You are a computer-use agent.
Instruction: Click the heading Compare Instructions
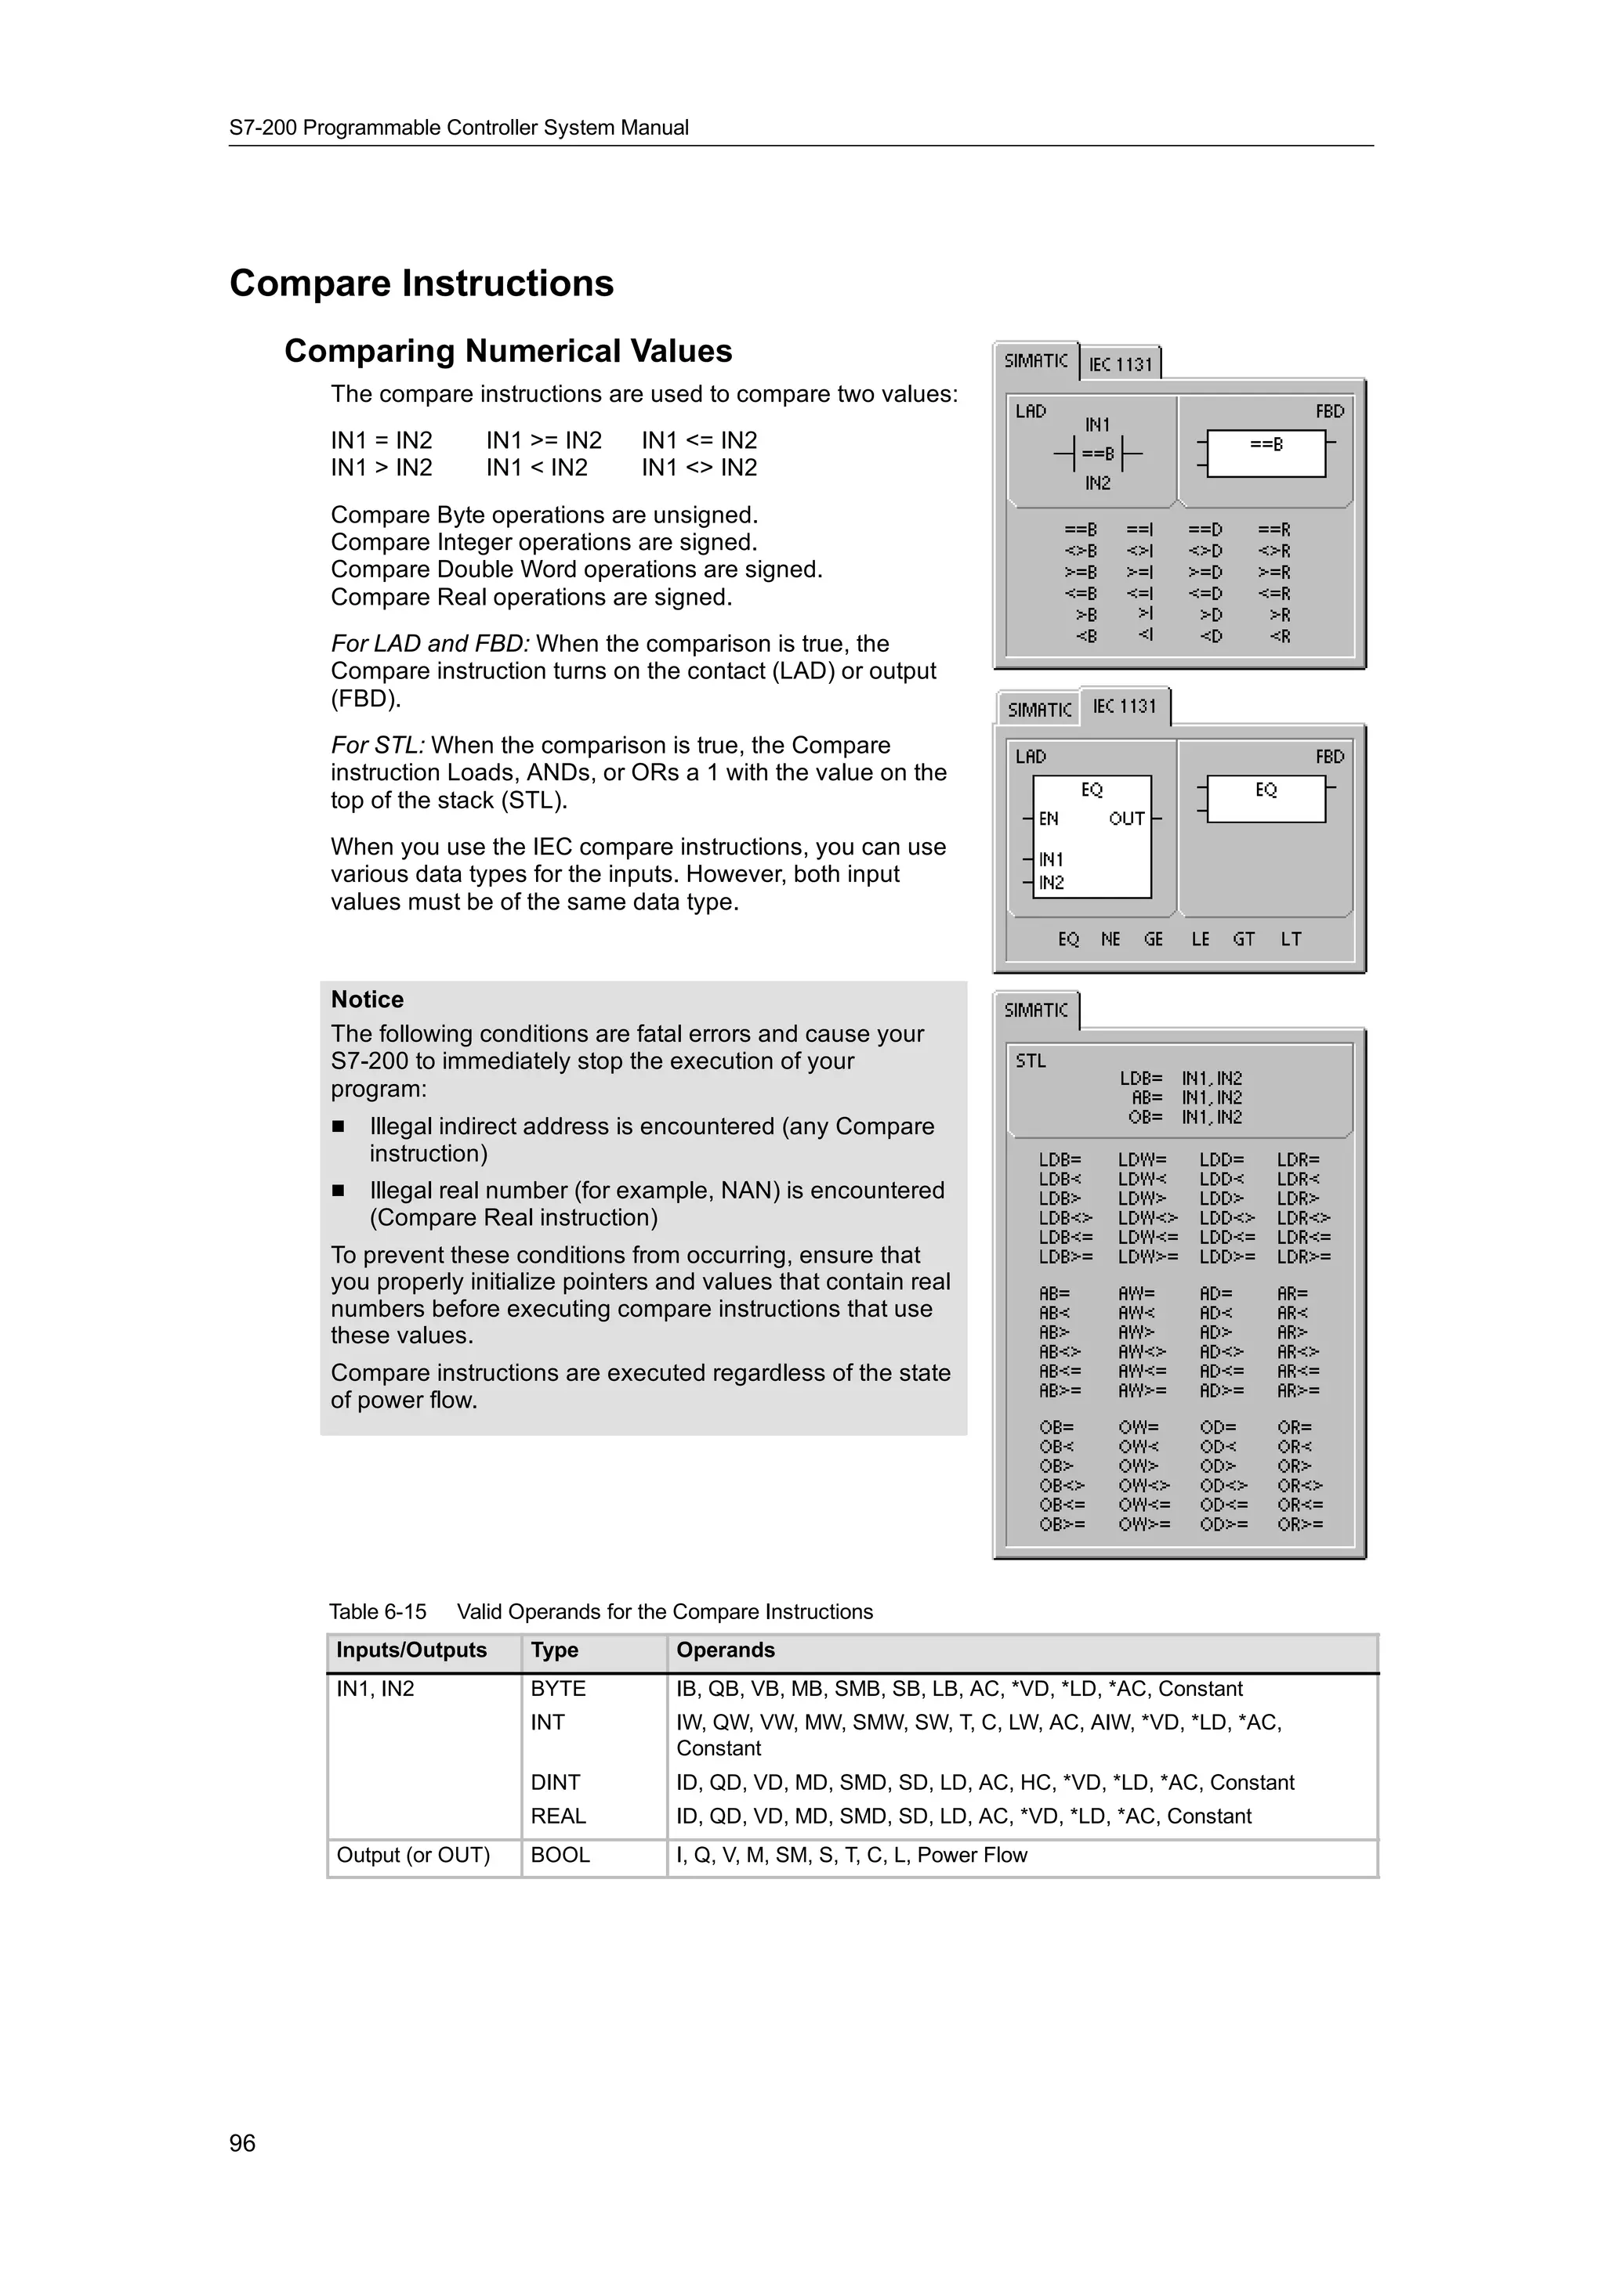422,284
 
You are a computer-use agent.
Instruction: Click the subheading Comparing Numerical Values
509,351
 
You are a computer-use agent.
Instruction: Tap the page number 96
242,2143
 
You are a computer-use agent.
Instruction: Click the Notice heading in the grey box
367,999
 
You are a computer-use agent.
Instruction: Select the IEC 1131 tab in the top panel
1121,363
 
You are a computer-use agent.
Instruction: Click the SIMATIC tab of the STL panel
1035,1010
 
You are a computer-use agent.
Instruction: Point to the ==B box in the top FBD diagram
1266,454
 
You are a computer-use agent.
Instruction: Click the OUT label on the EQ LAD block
1126,819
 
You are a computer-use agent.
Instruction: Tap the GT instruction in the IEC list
1243,939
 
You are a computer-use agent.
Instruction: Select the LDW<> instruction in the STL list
1148,1218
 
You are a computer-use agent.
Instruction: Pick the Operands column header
725,1650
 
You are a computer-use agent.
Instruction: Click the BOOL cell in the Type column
560,1855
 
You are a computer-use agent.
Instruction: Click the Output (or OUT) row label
413,1855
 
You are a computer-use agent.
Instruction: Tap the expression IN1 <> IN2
699,468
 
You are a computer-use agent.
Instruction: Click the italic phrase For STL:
378,746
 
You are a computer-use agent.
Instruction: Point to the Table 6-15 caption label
377,1611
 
